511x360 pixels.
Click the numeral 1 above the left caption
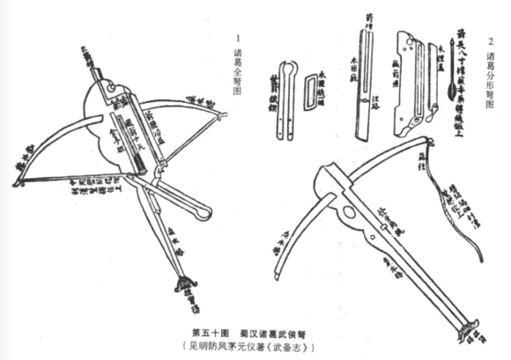click(239, 40)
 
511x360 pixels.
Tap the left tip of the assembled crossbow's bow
click(19, 180)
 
